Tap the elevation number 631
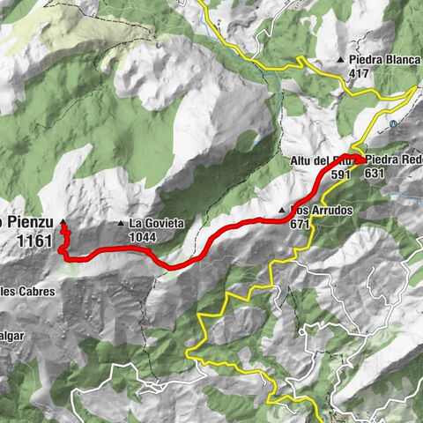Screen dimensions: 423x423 pyautogui.click(x=374, y=174)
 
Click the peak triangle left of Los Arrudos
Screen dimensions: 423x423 pyautogui.click(x=282, y=211)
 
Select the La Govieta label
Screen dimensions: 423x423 pyautogui.click(x=157, y=224)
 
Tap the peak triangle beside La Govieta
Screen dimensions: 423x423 pyautogui.click(x=122, y=224)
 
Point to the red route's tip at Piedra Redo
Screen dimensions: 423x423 pyautogui.click(x=362, y=159)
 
